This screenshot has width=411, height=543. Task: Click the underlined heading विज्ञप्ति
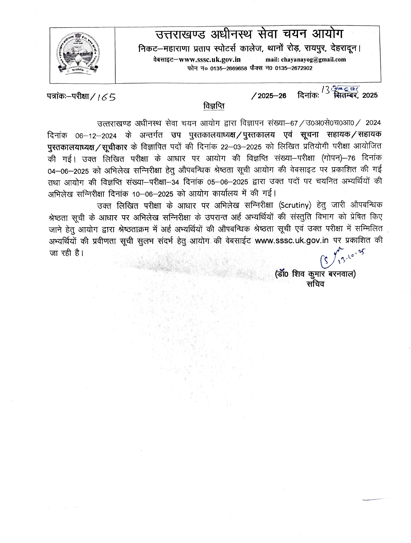tap(214, 106)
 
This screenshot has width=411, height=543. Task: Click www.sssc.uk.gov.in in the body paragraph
tap(292, 240)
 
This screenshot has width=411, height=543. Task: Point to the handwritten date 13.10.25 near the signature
tap(352, 255)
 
